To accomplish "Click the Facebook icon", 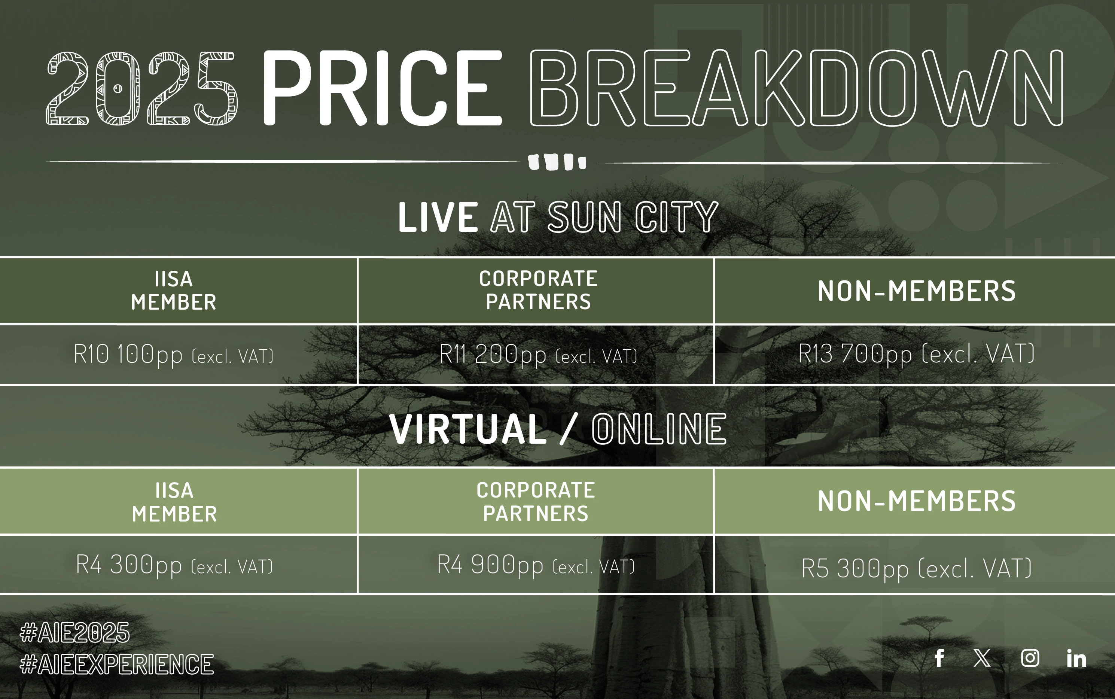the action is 939,658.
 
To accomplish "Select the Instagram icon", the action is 1030,658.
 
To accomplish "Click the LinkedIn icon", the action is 1076,658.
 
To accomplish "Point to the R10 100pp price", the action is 128,355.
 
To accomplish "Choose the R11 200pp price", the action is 493,355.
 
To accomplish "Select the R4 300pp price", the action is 129,565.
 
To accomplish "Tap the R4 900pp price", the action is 490,565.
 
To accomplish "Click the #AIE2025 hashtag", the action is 75,632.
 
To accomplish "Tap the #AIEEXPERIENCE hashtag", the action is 117,664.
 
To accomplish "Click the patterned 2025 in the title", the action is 141,88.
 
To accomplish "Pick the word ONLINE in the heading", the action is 659,429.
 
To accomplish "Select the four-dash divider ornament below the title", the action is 557,162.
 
